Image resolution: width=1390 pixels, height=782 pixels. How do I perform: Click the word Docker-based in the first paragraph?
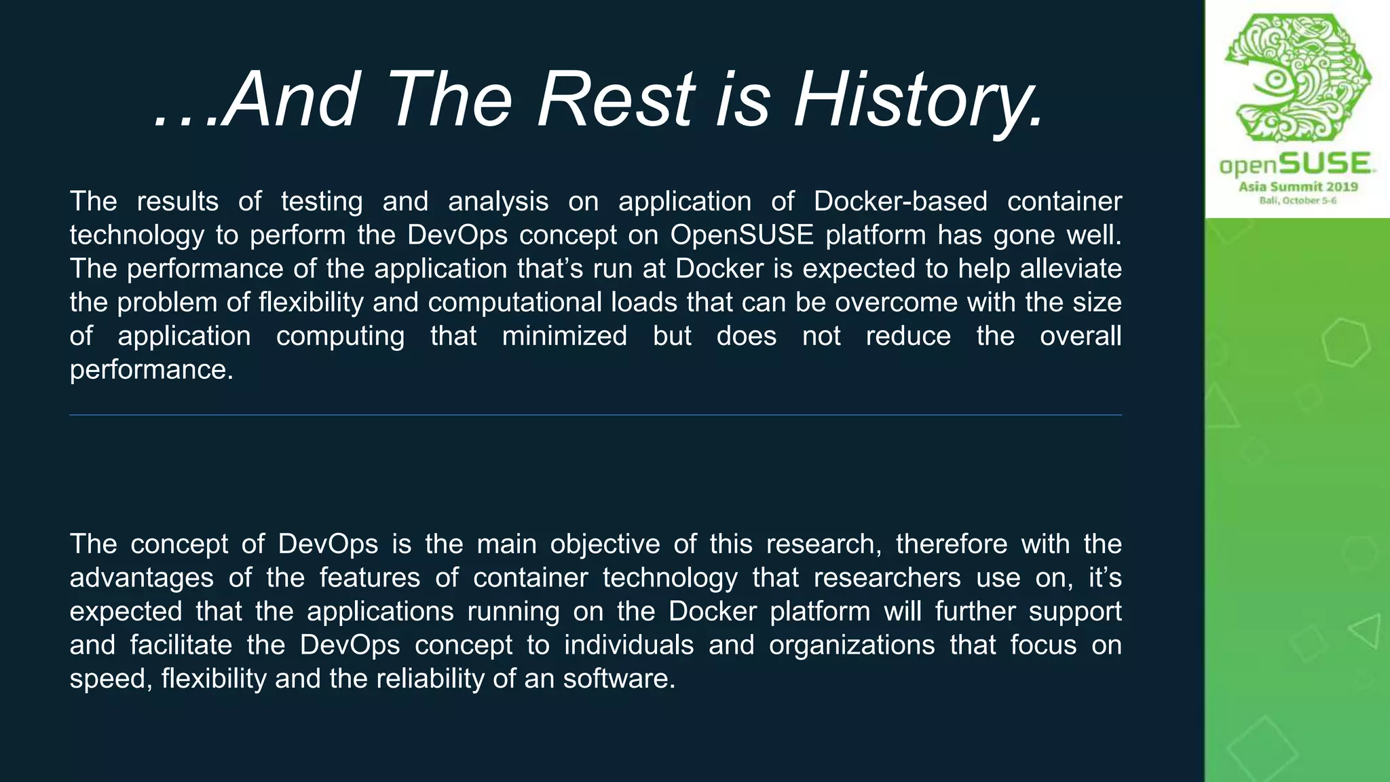pos(900,202)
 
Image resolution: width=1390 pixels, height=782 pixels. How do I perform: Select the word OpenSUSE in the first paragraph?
pos(742,235)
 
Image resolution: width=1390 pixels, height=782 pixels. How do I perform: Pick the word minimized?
pos(564,336)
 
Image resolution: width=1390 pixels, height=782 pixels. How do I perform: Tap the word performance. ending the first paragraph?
pos(151,370)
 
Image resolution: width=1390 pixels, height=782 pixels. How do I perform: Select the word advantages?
pos(141,578)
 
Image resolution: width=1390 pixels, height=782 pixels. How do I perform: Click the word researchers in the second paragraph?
pos(886,578)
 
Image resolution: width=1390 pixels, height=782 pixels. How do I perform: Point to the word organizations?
pos(852,645)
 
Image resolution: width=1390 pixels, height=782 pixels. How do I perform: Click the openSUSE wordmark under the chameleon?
pos(1297,165)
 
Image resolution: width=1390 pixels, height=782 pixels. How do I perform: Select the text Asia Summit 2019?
pos(1298,187)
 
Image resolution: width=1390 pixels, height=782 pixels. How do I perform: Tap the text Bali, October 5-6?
pos(1298,201)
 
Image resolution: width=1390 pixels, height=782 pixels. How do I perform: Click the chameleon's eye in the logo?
pos(1276,80)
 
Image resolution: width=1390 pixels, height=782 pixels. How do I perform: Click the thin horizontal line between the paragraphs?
pos(595,415)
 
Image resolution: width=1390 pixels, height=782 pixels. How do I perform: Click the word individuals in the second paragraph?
pos(628,645)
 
